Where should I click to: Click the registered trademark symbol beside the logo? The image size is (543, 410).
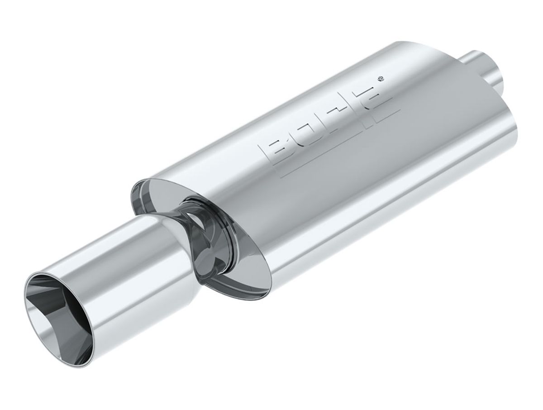(381, 79)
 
